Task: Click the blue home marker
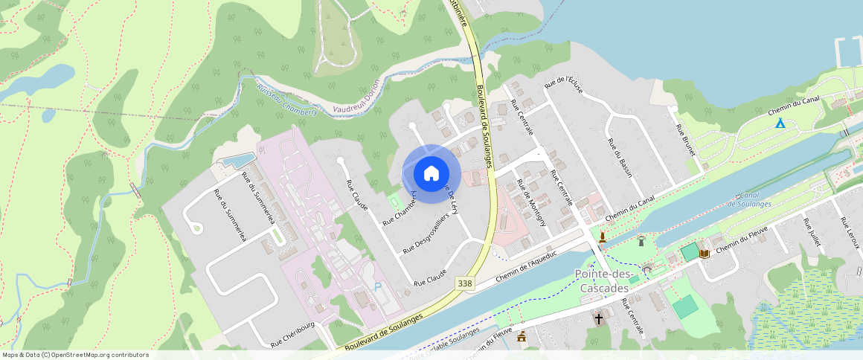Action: click(x=431, y=173)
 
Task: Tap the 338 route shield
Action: click(x=466, y=283)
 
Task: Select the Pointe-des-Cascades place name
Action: click(x=603, y=281)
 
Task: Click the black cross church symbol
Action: click(x=599, y=319)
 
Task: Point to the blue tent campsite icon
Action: click(x=780, y=123)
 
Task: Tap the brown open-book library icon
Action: click(x=704, y=253)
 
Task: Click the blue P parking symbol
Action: click(x=377, y=286)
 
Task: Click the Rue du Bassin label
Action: click(x=620, y=152)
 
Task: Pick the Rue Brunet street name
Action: click(x=685, y=139)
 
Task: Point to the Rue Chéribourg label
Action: click(x=292, y=335)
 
